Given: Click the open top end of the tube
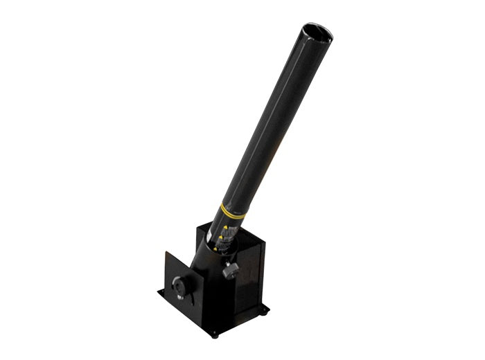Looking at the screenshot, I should coord(317,32).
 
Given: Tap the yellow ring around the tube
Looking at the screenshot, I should coord(232,209).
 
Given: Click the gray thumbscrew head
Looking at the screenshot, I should coord(232,269).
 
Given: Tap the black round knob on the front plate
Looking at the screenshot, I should coord(181,285).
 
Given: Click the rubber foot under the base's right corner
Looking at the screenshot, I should coord(264,315).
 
